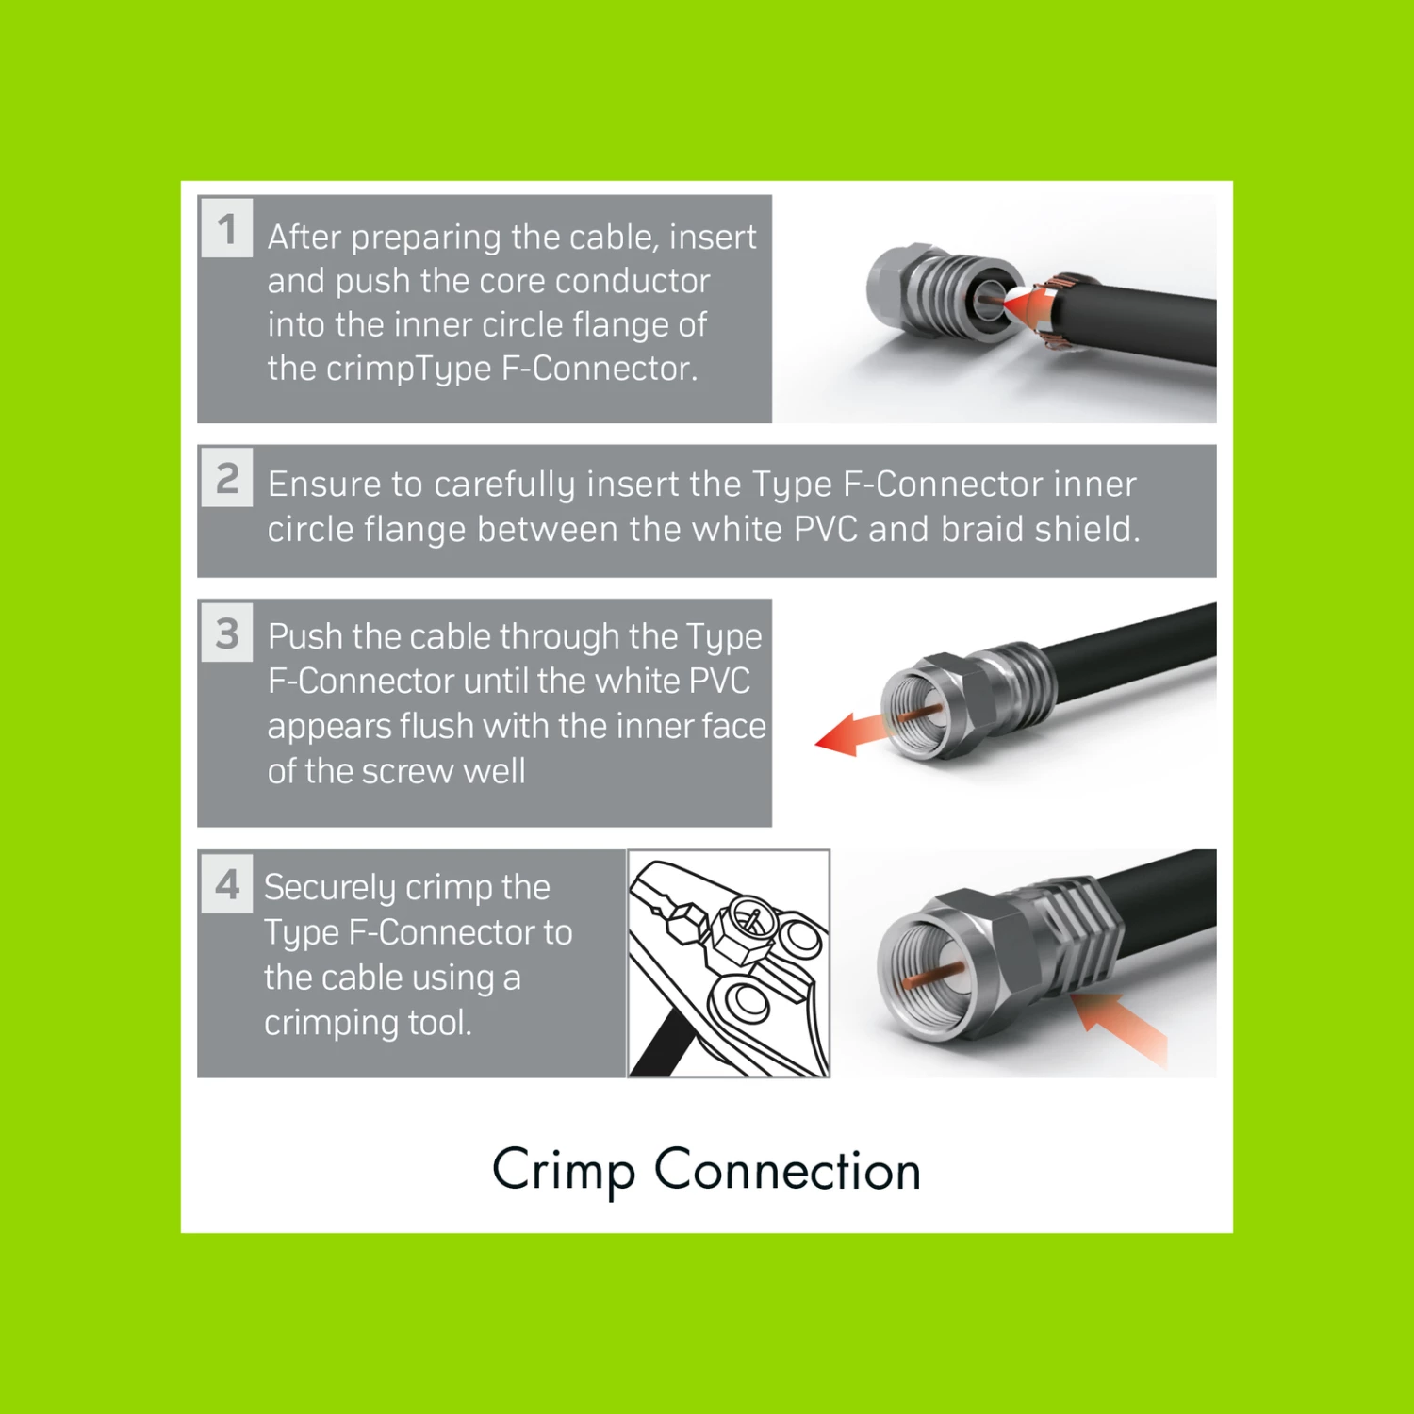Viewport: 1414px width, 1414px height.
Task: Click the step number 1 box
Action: [227, 227]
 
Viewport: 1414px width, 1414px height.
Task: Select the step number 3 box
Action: [227, 632]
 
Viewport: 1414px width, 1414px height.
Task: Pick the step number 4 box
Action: [227, 883]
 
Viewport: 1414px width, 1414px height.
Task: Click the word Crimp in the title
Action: [564, 1172]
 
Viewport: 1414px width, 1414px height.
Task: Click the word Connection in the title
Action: [788, 1170]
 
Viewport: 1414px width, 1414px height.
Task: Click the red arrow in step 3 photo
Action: [851, 733]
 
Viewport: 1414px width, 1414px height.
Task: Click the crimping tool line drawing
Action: [729, 963]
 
